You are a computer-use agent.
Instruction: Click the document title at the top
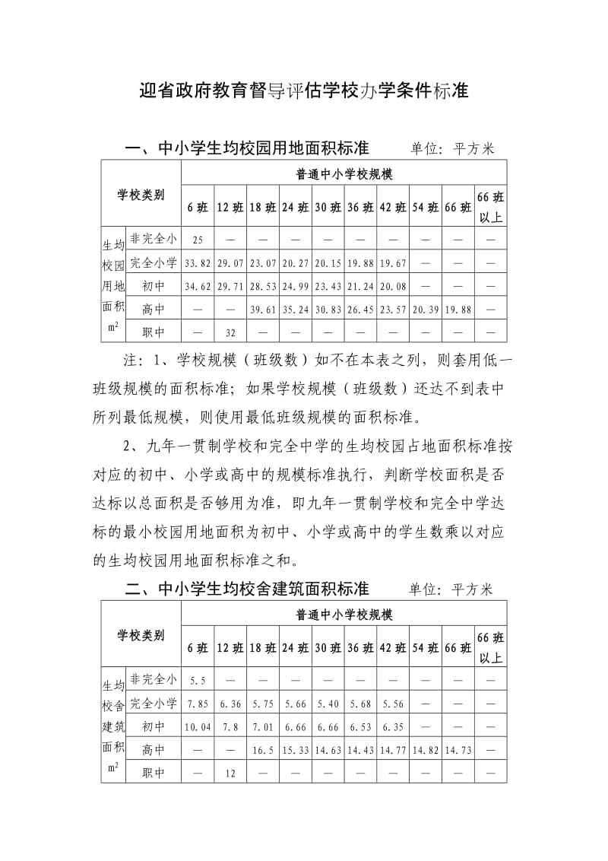(x=304, y=93)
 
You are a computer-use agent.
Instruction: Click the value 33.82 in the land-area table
(x=198, y=264)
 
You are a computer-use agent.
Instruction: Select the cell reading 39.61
(x=262, y=310)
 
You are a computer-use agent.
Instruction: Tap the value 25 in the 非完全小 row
(x=198, y=240)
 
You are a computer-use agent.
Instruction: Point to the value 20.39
(x=426, y=310)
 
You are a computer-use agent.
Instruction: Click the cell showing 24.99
(x=295, y=287)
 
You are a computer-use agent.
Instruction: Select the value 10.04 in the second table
(x=198, y=727)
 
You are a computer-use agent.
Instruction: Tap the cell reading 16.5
(x=262, y=750)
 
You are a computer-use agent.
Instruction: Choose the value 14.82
(x=426, y=750)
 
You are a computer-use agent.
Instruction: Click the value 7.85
(x=198, y=704)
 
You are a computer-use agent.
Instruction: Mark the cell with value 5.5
(x=198, y=681)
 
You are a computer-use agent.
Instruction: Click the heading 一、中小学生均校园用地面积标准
(x=247, y=148)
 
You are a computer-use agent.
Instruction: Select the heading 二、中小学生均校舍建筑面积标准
(x=247, y=589)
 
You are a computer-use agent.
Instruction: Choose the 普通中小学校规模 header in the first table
(x=344, y=174)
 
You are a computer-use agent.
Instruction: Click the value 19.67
(x=393, y=264)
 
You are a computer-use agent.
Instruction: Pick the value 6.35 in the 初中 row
(x=393, y=727)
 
